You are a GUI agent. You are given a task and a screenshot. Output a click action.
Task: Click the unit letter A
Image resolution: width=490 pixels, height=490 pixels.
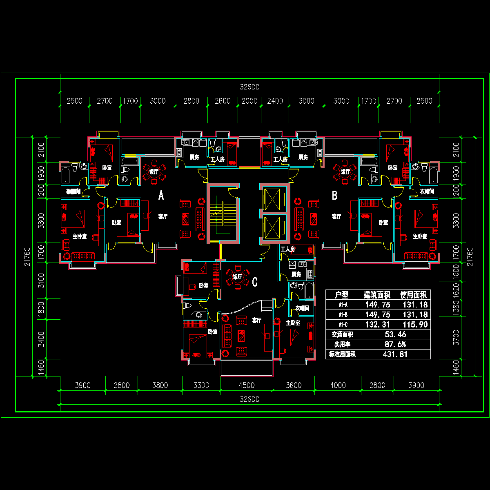pos(161,196)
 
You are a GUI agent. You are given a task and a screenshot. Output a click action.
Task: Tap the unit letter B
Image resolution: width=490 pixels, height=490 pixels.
pos(334,196)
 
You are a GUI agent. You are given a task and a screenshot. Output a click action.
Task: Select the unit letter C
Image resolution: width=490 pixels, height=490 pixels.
pos(255,282)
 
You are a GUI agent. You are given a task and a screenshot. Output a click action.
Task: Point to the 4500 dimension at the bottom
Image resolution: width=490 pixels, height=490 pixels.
pos(246,385)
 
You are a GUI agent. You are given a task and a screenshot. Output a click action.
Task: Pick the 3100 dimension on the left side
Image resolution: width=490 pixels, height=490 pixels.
pos(41,281)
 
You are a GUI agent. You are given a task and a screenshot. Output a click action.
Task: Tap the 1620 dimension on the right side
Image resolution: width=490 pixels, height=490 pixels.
pos(456,290)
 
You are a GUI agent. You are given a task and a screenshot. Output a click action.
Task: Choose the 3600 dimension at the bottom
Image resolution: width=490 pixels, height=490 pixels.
pos(294,385)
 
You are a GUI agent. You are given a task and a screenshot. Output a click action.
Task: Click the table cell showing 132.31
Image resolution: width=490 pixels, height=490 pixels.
pos(377,325)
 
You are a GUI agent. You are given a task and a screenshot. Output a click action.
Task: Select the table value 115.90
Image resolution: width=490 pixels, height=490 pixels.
pos(414,325)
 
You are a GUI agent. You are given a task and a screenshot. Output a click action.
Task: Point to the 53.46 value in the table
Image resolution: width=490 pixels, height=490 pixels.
pos(395,334)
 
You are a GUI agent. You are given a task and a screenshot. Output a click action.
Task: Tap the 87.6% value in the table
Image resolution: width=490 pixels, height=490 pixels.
pos(395,344)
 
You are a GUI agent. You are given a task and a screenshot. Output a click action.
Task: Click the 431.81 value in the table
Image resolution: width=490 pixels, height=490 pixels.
pos(395,354)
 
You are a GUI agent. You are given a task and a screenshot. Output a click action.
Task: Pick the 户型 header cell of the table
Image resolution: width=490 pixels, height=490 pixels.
pos(342,295)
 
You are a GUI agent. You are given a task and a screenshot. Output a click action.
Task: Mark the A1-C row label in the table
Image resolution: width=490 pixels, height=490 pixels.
pos(342,325)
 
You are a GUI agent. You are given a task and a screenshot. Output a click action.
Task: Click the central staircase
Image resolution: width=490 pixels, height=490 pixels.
pos(222,213)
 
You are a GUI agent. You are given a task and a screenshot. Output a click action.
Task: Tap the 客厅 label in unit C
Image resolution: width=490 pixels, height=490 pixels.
pos(256,321)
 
